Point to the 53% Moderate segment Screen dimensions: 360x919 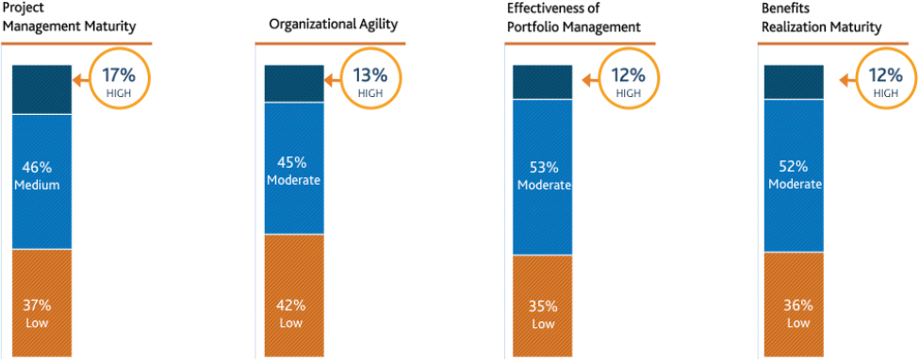pyautogui.click(x=543, y=177)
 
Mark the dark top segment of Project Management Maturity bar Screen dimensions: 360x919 pyautogui.click(x=41, y=90)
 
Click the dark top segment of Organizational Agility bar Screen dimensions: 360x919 pyautogui.click(x=294, y=83)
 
